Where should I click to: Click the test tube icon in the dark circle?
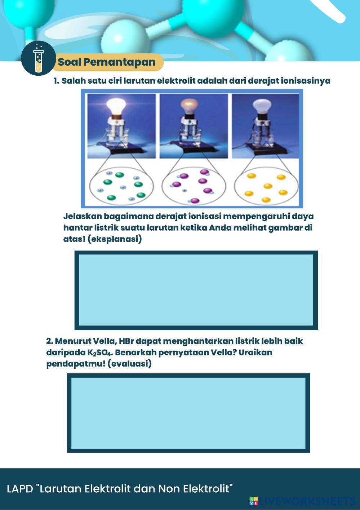[38, 58]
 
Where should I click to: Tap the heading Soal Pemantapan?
[107, 62]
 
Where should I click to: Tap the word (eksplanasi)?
[115, 239]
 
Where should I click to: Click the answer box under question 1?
[196, 290]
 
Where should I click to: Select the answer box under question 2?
[188, 413]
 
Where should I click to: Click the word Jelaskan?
[83, 216]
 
